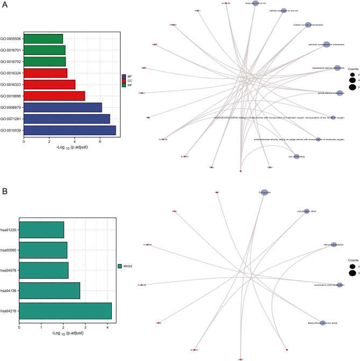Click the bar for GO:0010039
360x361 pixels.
(69, 130)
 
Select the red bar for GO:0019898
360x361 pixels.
(54, 96)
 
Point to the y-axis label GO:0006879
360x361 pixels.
(12, 107)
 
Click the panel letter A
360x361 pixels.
(4, 4)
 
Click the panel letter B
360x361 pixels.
(4, 191)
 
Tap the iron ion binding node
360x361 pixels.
(295, 156)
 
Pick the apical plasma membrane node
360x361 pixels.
(340, 93)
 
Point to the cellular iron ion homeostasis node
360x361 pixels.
(308, 24)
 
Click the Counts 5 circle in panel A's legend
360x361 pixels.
(353, 86)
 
